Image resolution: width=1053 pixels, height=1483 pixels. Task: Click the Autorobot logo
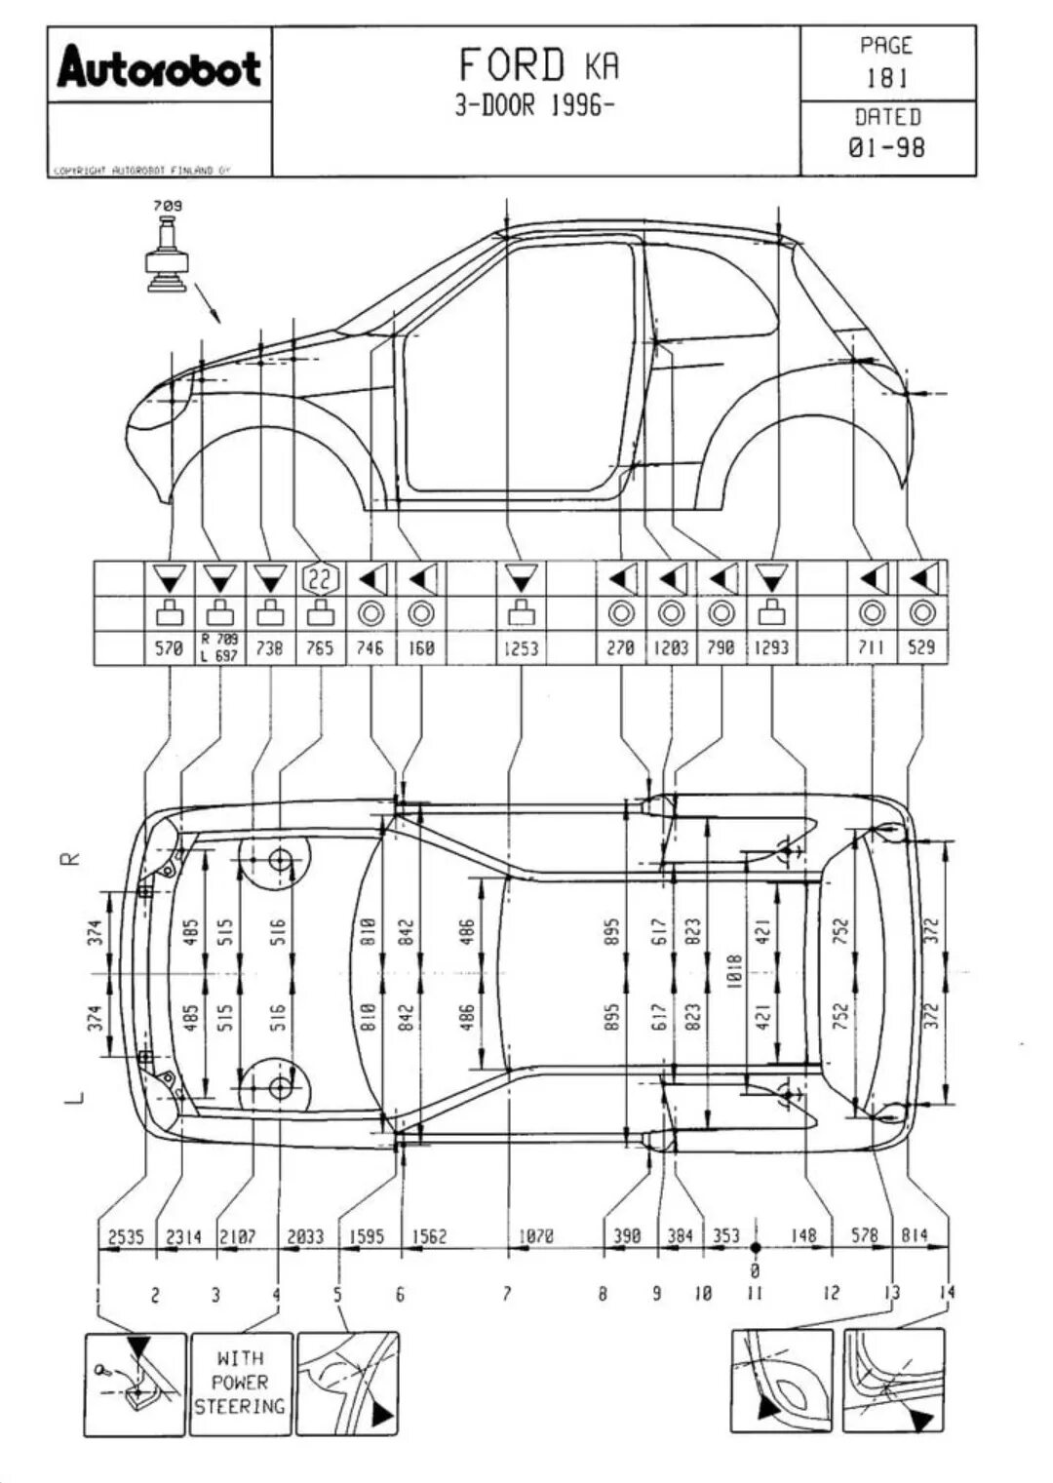coord(159,68)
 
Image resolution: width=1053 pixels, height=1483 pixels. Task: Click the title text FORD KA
coord(538,66)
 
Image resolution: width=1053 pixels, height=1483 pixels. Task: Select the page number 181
coord(887,78)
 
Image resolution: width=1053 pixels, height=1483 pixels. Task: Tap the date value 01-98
coord(887,148)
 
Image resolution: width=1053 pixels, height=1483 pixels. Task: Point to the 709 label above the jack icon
coord(167,206)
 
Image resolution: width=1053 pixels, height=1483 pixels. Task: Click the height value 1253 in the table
coord(521,648)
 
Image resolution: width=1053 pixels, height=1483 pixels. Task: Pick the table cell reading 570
coord(169,648)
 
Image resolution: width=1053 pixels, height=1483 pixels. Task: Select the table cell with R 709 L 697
coord(219,647)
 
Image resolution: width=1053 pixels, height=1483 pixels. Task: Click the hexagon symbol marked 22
coord(320,579)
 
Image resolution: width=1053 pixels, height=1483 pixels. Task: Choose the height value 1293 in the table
coord(771,648)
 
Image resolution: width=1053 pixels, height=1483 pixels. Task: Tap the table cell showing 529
coord(921,647)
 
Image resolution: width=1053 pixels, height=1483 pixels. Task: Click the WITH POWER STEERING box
coord(240,1382)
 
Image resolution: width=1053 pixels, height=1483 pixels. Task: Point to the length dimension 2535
coord(126,1236)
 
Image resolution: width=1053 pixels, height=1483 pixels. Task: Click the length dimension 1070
coord(536,1236)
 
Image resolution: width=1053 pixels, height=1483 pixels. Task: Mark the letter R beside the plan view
coord(70,858)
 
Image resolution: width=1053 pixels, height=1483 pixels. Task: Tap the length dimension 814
coord(914,1236)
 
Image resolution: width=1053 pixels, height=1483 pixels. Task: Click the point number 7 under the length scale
coord(507,1294)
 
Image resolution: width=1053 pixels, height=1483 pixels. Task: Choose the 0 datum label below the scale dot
coord(754,1271)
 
